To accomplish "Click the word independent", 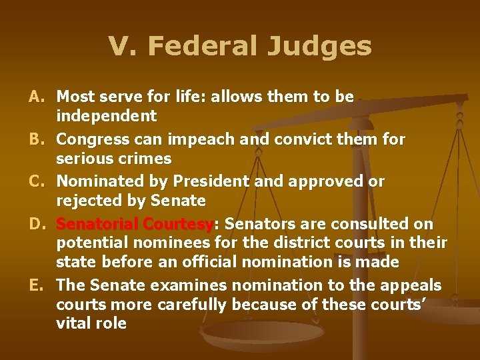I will point(107,116).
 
